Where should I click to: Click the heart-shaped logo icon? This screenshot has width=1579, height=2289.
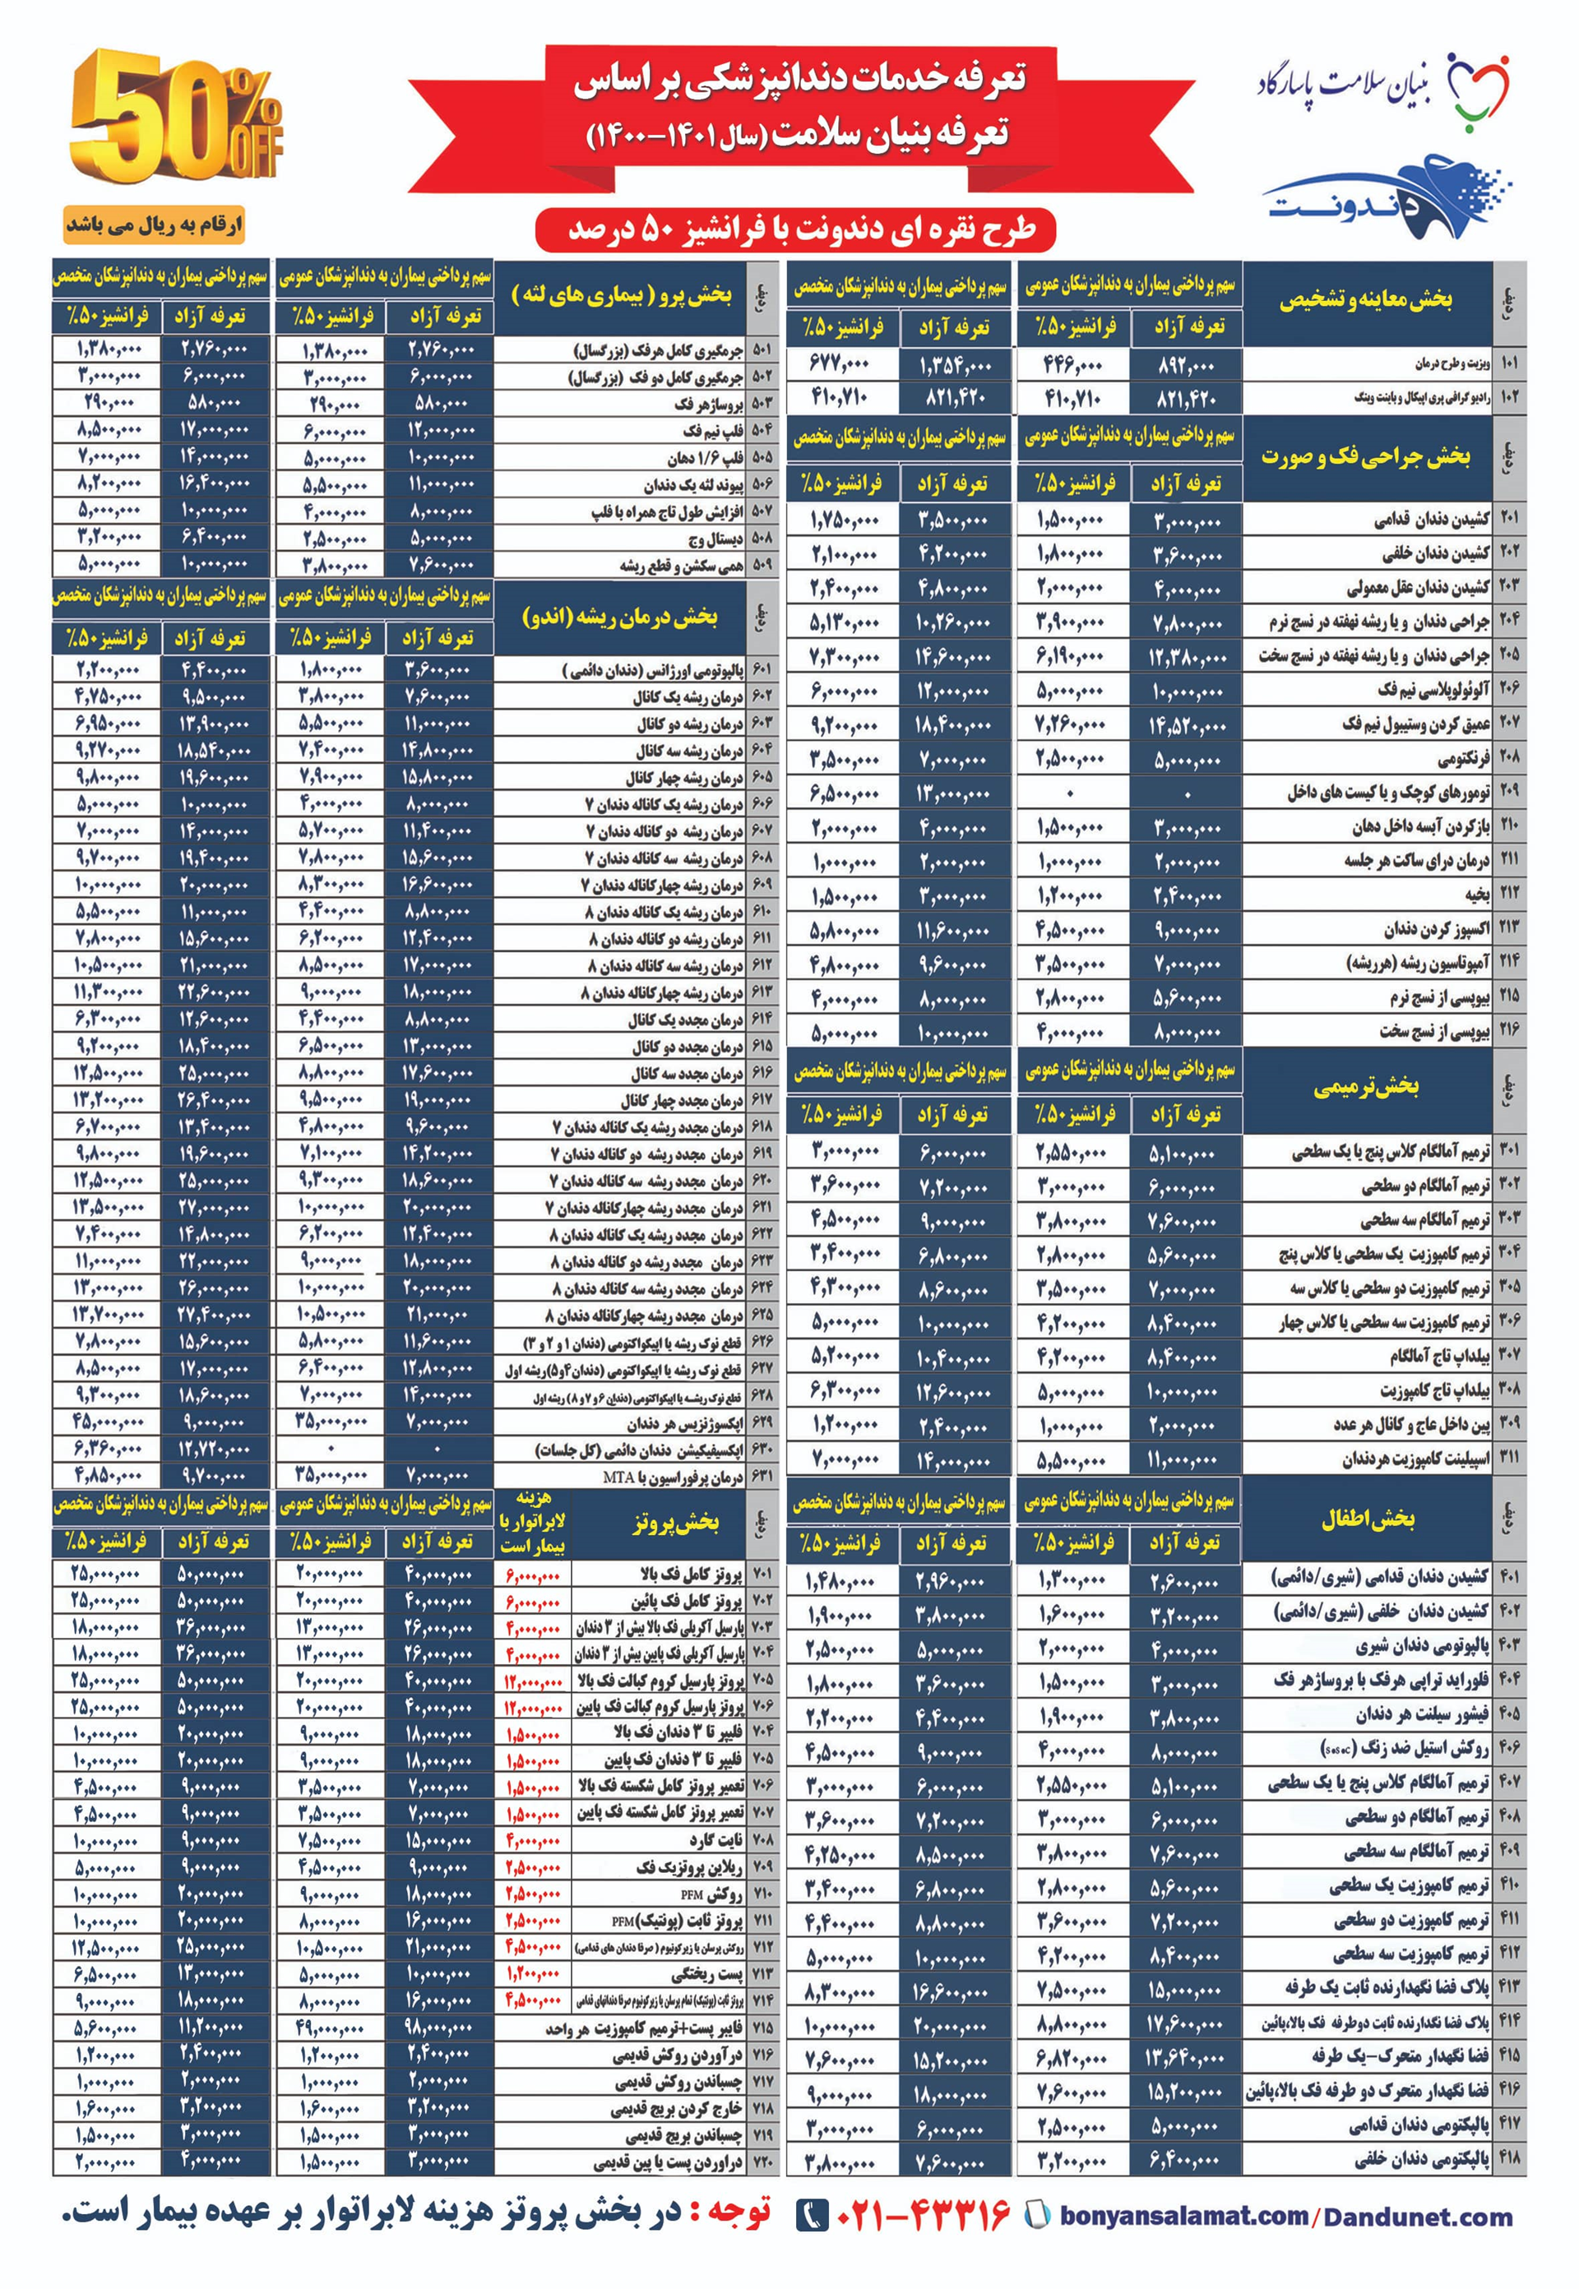coord(1478,89)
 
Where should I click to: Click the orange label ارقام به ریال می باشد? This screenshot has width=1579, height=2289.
coord(153,225)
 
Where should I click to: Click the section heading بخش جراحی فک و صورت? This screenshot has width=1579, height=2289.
coord(1365,456)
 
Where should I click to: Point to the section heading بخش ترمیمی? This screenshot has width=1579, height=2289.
coord(1365,1086)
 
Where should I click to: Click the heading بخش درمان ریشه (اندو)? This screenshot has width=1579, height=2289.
coord(619,617)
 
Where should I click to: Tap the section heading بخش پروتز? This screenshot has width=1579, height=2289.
coord(676,1521)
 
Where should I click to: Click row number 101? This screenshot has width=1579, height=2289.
coord(1509,363)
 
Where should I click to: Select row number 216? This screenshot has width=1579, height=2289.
coord(1509,1029)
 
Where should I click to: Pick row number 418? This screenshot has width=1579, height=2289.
coord(1509,2157)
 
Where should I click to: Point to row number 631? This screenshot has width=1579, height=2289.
coord(762,1476)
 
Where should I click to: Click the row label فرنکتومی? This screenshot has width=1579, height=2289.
coord(1463,760)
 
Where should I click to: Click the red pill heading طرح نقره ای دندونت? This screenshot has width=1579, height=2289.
coord(796,229)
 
